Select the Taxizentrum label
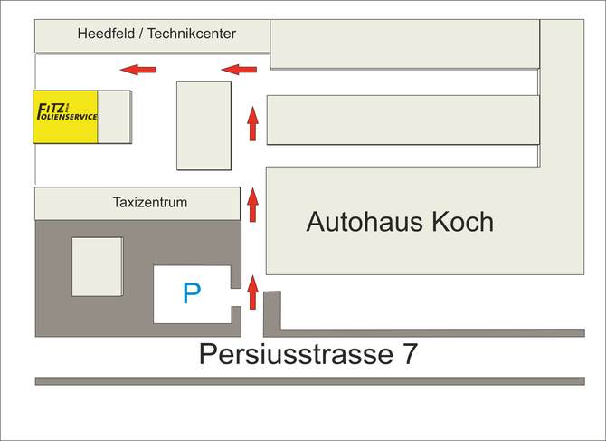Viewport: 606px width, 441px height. coord(150,203)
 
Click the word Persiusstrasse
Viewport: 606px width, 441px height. coord(289,354)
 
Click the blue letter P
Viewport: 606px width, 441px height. coord(191,293)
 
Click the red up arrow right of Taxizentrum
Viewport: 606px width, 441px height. coord(253,206)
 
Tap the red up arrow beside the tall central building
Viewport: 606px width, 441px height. coord(253,124)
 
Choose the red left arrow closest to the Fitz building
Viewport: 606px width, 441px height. coord(139,69)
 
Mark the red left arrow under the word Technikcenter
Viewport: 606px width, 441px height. coord(240,69)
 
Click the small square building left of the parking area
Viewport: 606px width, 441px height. coord(97,266)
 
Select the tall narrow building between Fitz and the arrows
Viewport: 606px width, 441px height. coord(204,125)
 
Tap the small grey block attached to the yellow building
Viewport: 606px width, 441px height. coord(115,117)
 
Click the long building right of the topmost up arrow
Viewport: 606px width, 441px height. coord(402,120)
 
